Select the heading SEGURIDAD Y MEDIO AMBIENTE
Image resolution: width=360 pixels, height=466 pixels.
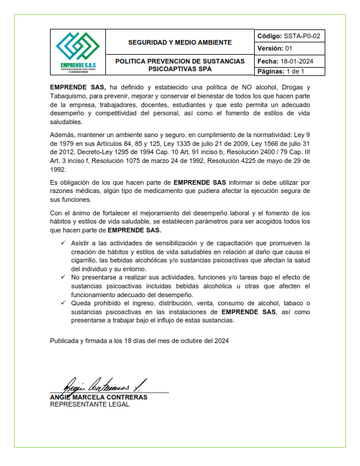pos(180,42)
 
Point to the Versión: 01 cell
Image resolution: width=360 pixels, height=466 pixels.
pos(275,48)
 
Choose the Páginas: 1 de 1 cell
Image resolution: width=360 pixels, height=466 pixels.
pos(281,72)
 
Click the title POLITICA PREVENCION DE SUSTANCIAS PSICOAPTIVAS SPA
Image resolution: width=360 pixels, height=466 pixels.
pos(180,65)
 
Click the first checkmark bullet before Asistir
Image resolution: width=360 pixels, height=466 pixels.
pos(64,242)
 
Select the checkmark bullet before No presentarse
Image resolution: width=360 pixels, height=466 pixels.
pos(64,277)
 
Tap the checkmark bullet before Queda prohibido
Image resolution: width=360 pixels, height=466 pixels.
pos(64,302)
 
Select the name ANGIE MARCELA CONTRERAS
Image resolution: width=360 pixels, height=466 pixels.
pos(99,397)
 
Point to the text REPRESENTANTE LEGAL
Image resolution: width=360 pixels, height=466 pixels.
pos(89,405)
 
